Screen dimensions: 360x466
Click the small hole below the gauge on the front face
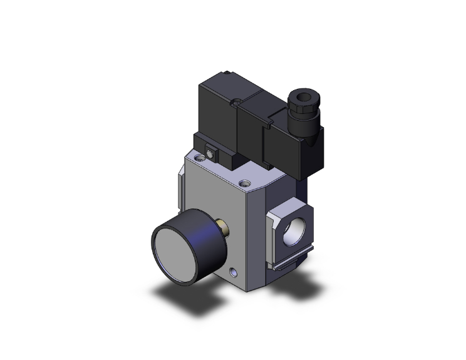(x=234, y=273)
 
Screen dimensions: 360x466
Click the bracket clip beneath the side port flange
(x=289, y=266)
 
